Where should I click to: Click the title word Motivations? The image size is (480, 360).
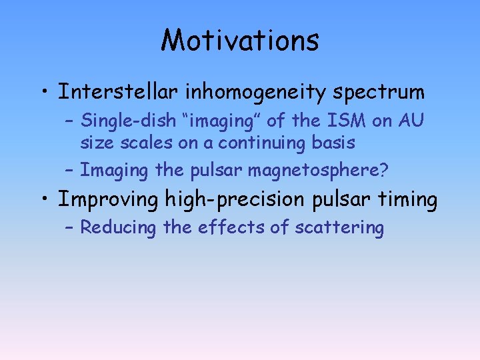[x=240, y=40]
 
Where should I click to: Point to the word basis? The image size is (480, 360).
[x=334, y=143]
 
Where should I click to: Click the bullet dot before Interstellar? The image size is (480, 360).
[x=44, y=92]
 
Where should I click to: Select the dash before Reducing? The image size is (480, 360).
[x=71, y=228]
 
